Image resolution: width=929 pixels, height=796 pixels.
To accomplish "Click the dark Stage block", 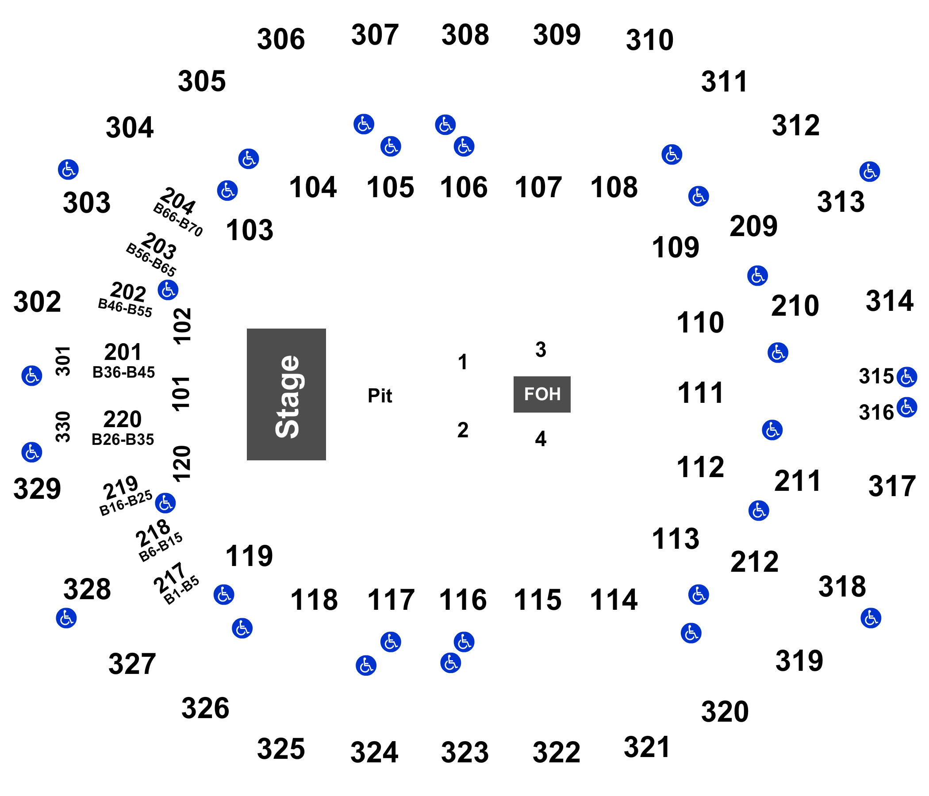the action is (x=286, y=394).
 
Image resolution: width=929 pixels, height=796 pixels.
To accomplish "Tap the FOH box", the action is (x=541, y=394).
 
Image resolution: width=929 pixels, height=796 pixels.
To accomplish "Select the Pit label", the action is (x=380, y=396).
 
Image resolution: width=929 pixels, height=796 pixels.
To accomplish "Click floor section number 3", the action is (x=541, y=350).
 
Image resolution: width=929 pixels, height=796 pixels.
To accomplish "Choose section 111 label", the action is (x=700, y=393).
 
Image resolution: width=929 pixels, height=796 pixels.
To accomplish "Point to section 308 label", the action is (x=465, y=34).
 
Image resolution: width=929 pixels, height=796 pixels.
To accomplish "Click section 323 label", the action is (x=464, y=752).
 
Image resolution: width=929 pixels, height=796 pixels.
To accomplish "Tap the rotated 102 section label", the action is (x=182, y=326).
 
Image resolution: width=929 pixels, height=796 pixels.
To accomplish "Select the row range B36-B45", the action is (x=123, y=372).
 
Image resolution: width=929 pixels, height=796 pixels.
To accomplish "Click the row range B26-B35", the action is (x=123, y=439).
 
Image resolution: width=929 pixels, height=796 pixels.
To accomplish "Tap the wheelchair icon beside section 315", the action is (x=906, y=376).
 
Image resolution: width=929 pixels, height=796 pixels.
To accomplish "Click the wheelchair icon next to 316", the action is (x=906, y=407).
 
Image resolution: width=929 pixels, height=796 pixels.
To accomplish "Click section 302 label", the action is (x=37, y=302).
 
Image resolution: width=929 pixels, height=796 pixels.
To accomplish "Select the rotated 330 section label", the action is (x=63, y=427).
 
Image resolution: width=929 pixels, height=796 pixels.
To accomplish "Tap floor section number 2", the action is (x=463, y=430).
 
